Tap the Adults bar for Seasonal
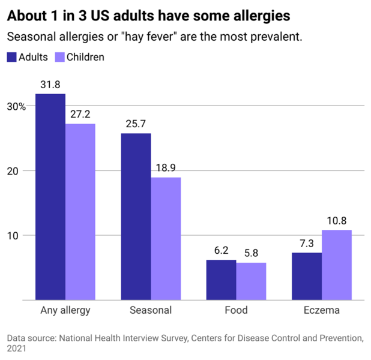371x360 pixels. click(136, 217)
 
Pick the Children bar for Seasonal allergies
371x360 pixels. click(166, 239)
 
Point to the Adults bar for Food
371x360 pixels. click(221, 280)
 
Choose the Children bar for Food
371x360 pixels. click(251, 281)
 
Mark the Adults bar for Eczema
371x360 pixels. click(307, 276)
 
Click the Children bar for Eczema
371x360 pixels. click(337, 265)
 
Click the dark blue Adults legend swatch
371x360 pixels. click(12, 58)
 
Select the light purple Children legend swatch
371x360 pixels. click(60, 58)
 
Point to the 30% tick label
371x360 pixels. click(16, 106)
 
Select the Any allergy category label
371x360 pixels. click(65, 310)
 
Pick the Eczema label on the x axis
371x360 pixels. click(322, 310)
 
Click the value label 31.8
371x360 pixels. click(50, 85)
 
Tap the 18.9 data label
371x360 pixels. click(166, 167)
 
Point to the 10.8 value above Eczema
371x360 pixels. click(337, 220)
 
